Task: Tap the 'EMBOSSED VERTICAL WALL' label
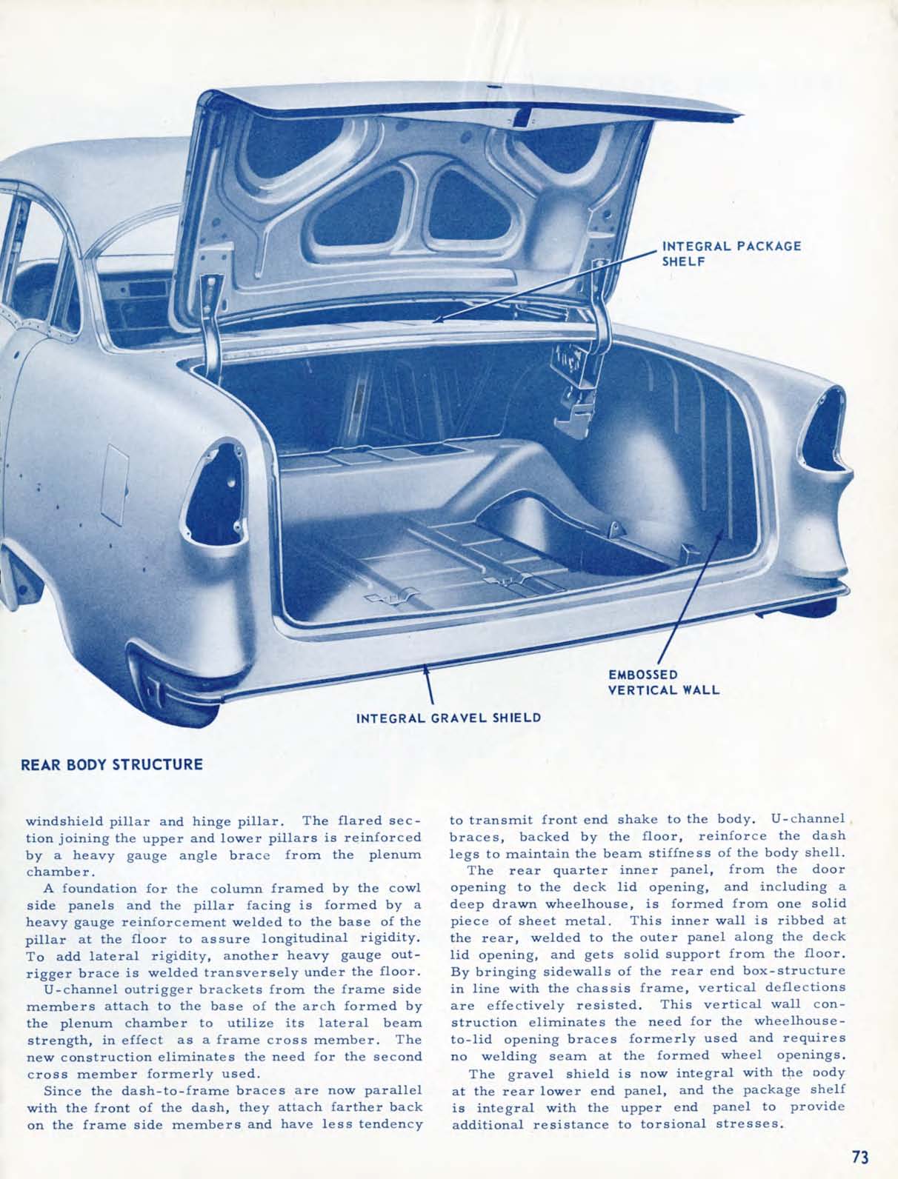(663, 682)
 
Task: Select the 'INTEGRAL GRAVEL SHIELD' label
(448, 717)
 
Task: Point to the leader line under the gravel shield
(428, 685)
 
